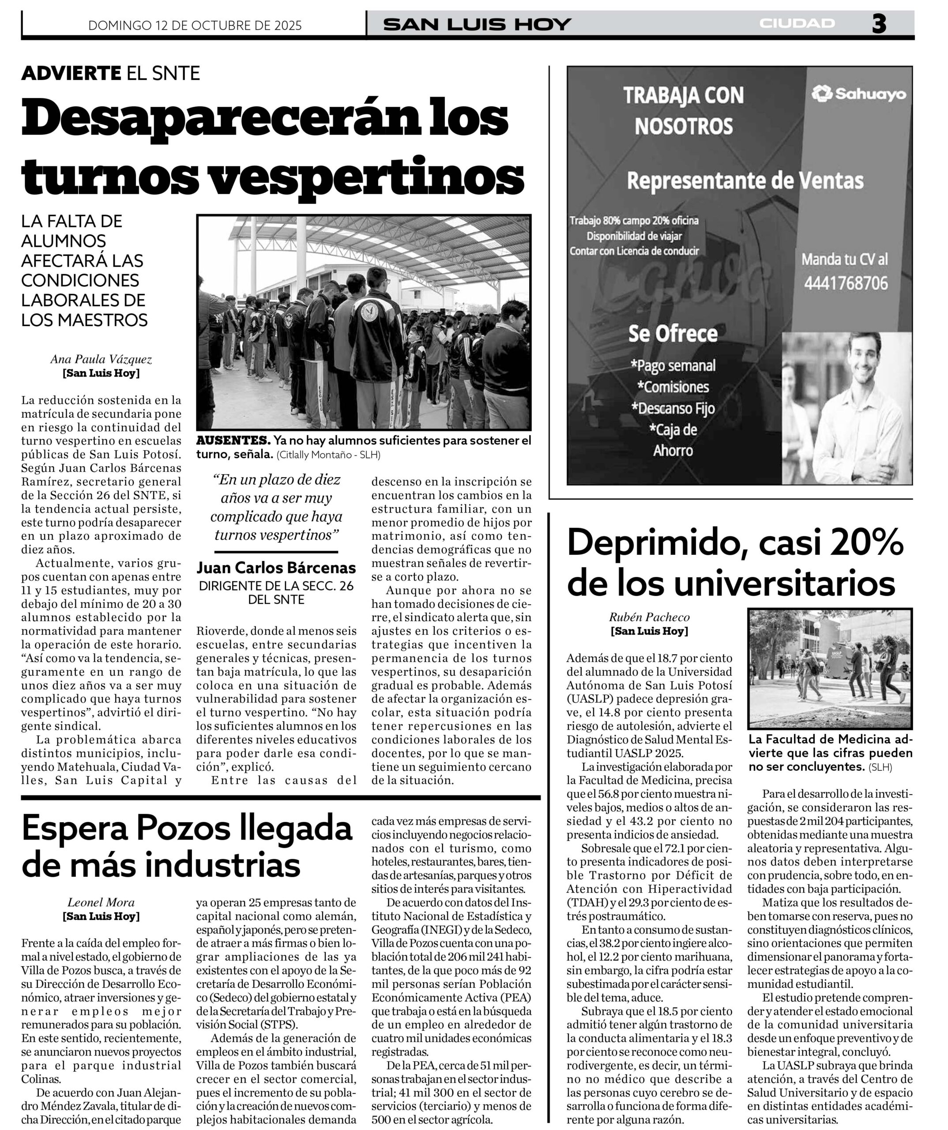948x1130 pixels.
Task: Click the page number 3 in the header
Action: pyautogui.click(x=879, y=24)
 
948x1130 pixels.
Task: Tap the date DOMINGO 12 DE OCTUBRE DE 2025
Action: pyautogui.click(x=195, y=25)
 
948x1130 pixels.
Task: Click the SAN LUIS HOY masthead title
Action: pyautogui.click(x=477, y=24)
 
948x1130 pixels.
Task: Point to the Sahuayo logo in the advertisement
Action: pyautogui.click(x=859, y=94)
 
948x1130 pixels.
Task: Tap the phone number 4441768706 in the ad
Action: pyautogui.click(x=846, y=283)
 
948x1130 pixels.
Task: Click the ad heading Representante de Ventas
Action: pyautogui.click(x=745, y=181)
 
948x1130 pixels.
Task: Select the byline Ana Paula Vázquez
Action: pyautogui.click(x=101, y=359)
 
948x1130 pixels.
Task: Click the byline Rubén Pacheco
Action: pyautogui.click(x=649, y=617)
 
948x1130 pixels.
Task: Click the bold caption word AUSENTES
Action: pyautogui.click(x=233, y=441)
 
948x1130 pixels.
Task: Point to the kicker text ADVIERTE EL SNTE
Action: pyautogui.click(x=110, y=73)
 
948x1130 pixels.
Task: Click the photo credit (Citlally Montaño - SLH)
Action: pyautogui.click(x=328, y=455)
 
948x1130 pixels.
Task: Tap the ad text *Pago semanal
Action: pyautogui.click(x=673, y=366)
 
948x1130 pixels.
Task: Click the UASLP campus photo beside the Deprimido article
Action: pyautogui.click(x=830, y=668)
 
